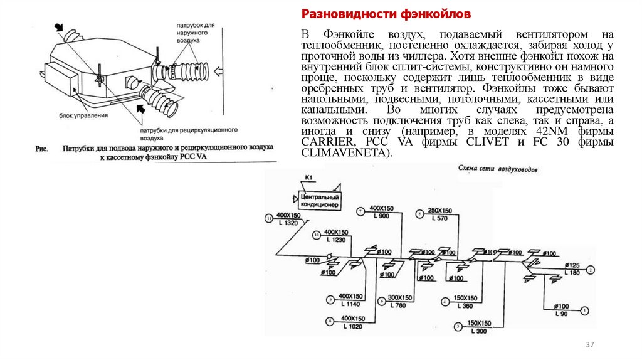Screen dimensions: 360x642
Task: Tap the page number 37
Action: tap(589, 346)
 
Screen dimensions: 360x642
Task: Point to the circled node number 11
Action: tap(268, 218)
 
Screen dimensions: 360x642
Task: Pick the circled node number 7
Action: tap(360, 211)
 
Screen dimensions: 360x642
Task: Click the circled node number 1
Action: tap(584, 309)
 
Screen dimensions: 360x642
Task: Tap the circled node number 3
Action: tap(458, 326)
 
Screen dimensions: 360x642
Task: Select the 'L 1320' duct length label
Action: tap(289, 223)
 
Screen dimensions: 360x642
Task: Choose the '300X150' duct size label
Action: tap(399, 298)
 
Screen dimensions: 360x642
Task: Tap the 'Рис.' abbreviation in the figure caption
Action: tap(41, 149)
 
